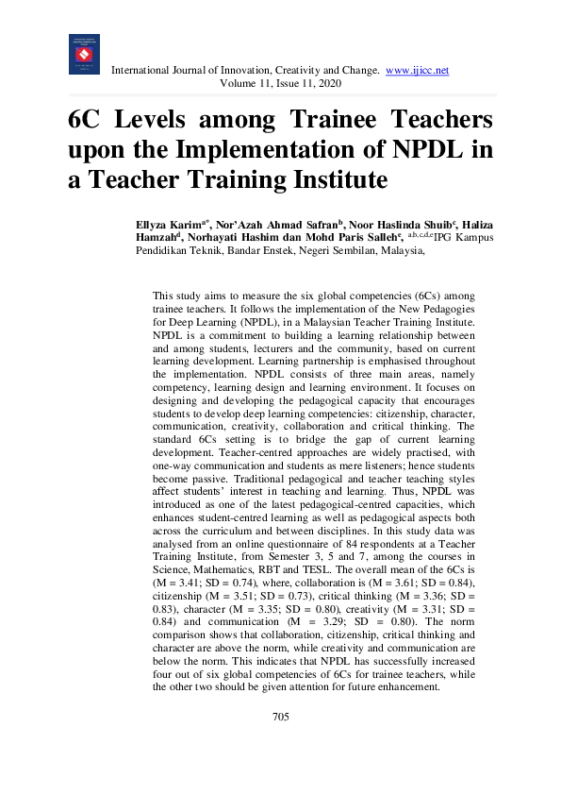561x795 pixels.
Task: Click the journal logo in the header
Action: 84,55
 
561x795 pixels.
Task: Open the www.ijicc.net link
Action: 418,70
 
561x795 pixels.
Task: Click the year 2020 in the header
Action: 327,84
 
